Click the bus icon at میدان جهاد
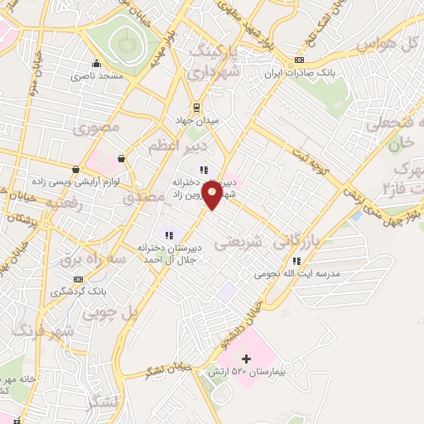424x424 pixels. click(196, 107)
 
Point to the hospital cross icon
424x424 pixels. click(245, 359)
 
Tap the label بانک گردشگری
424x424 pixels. click(79, 291)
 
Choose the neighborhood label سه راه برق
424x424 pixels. click(91, 260)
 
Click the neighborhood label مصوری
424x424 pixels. click(97, 128)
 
